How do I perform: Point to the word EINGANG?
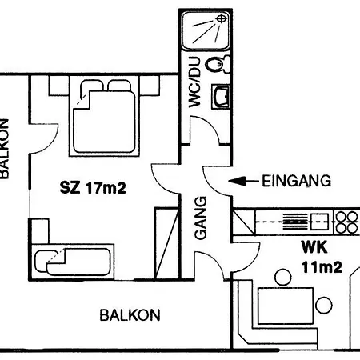pos(296,182)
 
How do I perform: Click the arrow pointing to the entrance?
pos(243,182)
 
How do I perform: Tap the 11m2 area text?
pos(322,267)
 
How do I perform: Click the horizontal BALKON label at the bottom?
pos(130,314)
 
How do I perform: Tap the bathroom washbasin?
pos(221,98)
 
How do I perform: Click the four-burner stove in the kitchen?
pos(346,222)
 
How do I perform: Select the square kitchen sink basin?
pos(321,221)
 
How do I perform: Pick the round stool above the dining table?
pos(282,278)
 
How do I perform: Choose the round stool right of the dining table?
pos(323,306)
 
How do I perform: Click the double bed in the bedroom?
pos(105,118)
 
